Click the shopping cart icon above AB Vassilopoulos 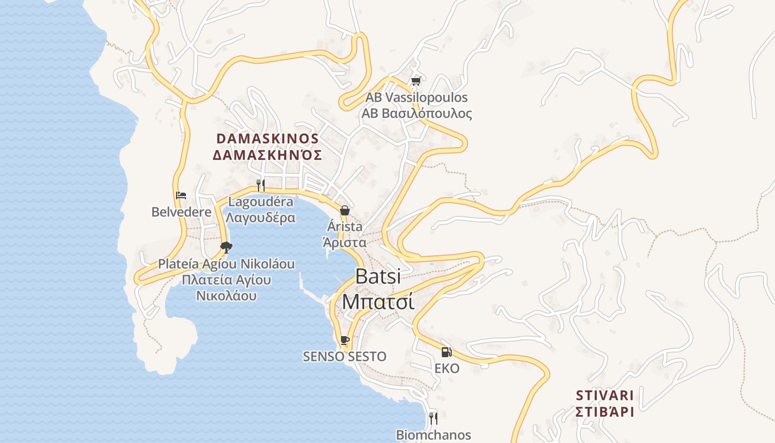(416, 81)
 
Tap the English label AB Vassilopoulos (416, 97)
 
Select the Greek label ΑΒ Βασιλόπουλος (416, 114)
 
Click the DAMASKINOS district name (267, 138)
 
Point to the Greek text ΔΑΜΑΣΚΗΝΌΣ (267, 154)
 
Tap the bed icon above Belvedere (181, 195)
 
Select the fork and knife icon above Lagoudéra (261, 185)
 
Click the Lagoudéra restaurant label (261, 202)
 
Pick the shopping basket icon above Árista (344, 210)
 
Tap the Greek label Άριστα (344, 242)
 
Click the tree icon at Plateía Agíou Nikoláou (226, 247)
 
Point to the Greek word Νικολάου (226, 295)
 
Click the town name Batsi (378, 276)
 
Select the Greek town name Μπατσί (378, 302)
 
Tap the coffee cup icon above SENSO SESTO (344, 340)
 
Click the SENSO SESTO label (344, 356)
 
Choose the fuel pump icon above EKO (446, 352)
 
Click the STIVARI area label (604, 395)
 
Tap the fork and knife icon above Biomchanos (433, 418)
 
